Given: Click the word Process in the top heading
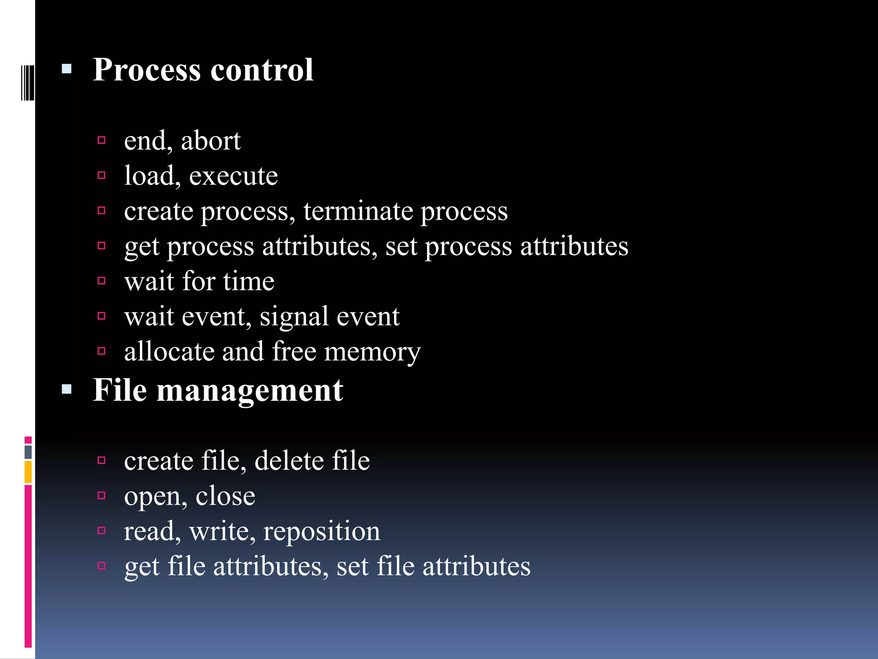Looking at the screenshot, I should [147, 70].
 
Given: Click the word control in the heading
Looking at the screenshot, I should [262, 70].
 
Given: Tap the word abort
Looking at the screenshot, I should [210, 141].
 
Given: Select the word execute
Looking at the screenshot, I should [233, 176].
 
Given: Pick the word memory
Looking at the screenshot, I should [372, 352].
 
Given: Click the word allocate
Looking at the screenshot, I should [169, 352].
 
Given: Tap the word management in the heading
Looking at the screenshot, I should [250, 390].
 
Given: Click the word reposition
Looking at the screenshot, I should [322, 531].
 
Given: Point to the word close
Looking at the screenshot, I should [225, 496].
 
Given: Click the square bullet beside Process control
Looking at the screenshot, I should [66, 69].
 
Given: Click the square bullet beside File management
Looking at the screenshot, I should [66, 390].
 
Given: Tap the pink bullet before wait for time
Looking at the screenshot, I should [102, 281].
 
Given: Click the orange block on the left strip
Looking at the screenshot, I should [28, 472].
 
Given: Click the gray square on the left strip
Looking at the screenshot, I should [28, 452].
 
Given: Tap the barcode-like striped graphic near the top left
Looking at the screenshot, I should [27, 83].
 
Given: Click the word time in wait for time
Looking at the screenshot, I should [249, 281].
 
